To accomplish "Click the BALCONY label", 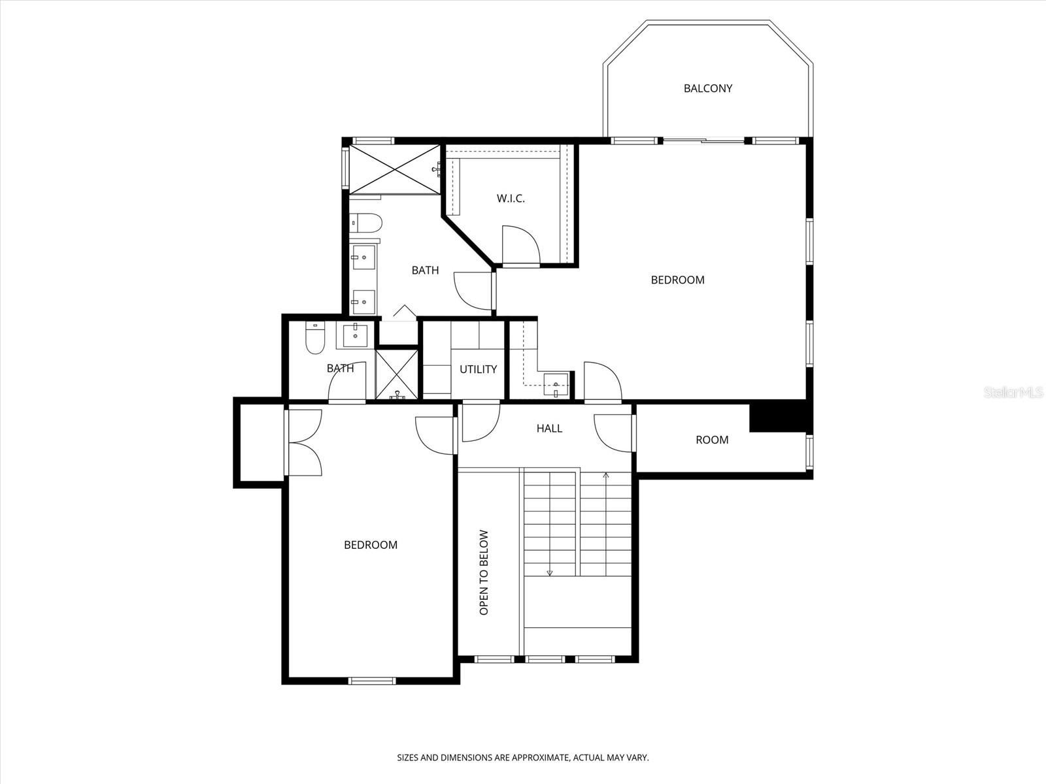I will (707, 88).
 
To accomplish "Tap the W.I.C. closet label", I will (511, 198).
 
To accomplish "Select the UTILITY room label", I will (478, 369).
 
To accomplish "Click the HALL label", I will (549, 429).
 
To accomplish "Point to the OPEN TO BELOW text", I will (484, 572).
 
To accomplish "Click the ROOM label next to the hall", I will (712, 440).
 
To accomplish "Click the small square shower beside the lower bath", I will (397, 374).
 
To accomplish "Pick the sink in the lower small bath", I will (355, 335).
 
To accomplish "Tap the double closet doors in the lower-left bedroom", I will (304, 442).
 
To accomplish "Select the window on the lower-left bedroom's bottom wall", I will (372, 681).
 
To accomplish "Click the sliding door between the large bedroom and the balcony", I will (703, 140).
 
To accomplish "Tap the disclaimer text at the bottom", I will (523, 758).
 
